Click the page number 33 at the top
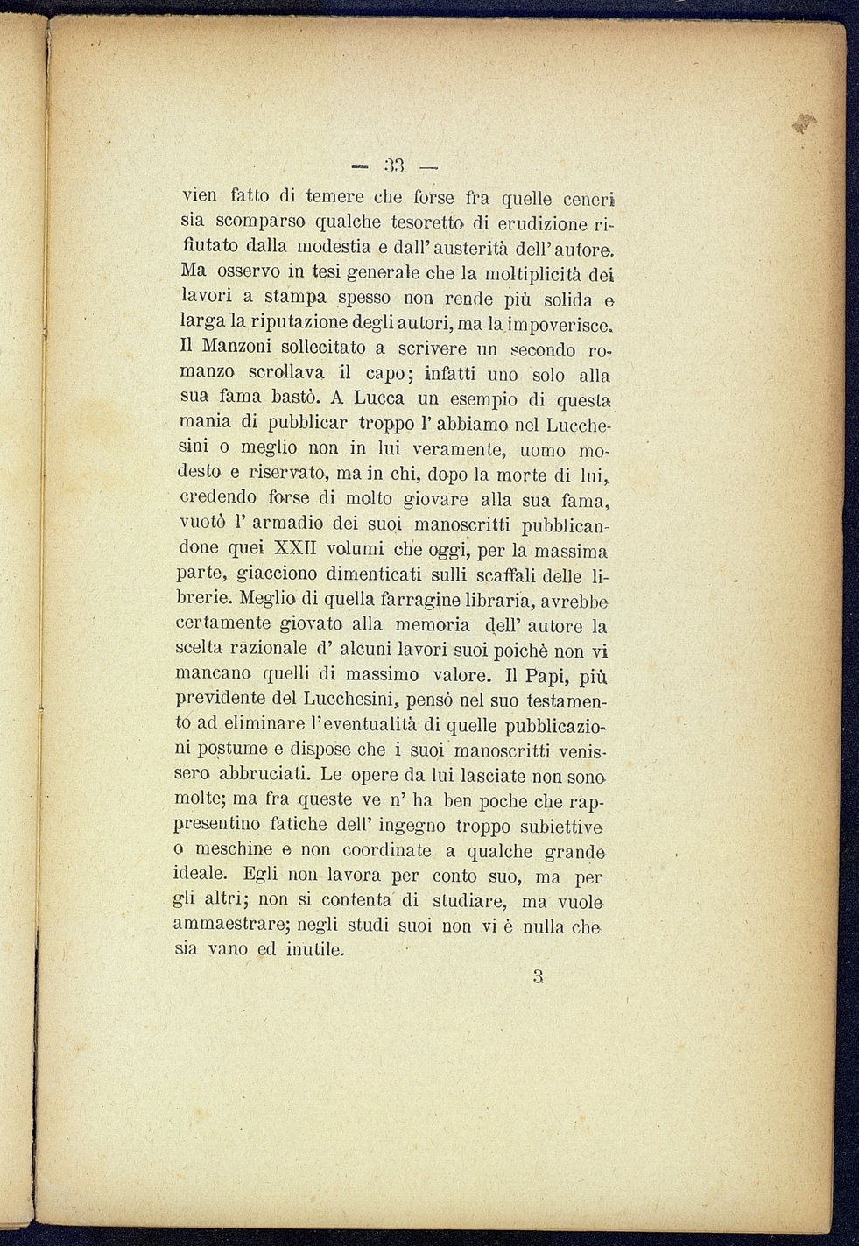coord(393,165)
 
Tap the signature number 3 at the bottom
coord(538,976)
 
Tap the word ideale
coord(201,874)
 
